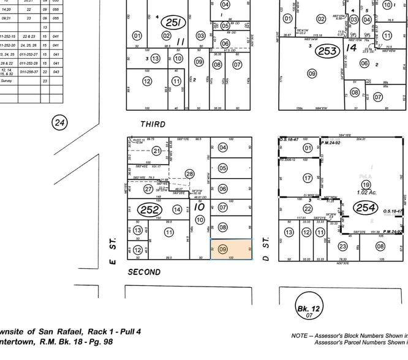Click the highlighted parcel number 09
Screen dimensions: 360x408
click(223, 249)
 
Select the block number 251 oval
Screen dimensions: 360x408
click(173, 23)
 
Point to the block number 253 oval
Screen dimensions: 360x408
click(328, 51)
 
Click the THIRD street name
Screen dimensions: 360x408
click(153, 124)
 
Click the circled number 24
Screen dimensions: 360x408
click(59, 123)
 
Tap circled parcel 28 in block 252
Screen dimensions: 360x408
click(189, 174)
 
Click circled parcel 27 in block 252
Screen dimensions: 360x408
click(148, 189)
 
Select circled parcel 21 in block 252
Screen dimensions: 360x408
click(157, 151)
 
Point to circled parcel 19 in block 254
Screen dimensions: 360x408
click(366, 184)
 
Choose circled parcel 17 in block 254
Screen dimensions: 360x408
click(308, 178)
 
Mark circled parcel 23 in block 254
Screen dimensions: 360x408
click(342, 246)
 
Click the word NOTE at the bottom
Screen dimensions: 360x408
click(303, 335)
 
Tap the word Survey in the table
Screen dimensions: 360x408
click(7, 80)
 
